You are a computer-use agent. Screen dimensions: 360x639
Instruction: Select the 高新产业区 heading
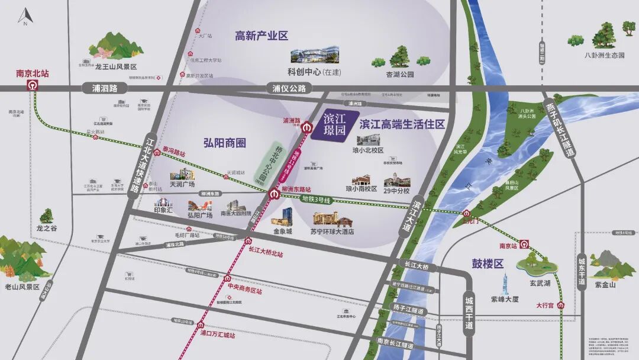(x=261, y=36)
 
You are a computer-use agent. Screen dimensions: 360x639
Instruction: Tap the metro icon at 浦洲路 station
(x=307, y=127)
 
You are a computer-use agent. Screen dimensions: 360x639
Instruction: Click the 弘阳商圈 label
(x=224, y=143)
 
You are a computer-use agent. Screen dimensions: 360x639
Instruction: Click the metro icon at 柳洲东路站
(x=273, y=194)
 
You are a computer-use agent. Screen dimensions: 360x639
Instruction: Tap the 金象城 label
(x=282, y=232)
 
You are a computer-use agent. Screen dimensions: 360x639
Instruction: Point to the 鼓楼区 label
(x=488, y=264)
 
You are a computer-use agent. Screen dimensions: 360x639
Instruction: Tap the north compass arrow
(x=25, y=15)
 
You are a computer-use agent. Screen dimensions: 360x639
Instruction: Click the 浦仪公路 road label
(x=289, y=88)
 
